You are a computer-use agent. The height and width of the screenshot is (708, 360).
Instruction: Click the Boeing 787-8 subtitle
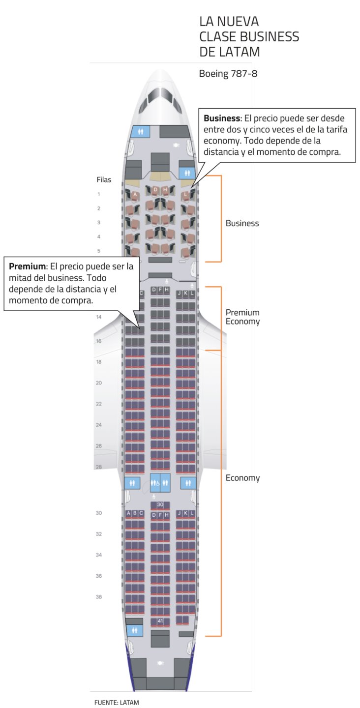[228, 74]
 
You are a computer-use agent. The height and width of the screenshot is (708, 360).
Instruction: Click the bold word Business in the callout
[222, 118]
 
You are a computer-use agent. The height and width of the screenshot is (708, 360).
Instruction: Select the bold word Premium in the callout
[27, 266]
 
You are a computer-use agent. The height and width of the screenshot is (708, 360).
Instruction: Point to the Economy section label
[242, 478]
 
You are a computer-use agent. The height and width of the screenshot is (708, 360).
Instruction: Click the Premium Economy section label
[242, 317]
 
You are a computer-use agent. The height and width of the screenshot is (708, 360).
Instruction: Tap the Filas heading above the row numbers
[104, 179]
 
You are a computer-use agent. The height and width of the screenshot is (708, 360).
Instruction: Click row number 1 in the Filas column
[99, 194]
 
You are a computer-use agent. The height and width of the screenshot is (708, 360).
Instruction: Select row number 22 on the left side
[99, 404]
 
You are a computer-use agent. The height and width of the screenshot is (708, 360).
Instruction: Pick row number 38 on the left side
[99, 597]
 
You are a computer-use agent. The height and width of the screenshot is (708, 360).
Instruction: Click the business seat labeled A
[135, 195]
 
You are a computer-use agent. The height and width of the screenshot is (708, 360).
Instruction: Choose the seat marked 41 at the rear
[160, 621]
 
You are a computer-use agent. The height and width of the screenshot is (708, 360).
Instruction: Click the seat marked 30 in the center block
[160, 505]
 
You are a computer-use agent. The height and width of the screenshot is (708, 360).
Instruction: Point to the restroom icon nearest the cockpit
[141, 131]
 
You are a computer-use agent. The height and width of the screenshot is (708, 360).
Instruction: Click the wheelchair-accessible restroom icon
[155, 483]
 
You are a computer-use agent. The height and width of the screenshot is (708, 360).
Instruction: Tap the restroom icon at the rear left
[134, 630]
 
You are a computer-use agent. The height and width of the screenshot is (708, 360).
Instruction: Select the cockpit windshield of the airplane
[160, 96]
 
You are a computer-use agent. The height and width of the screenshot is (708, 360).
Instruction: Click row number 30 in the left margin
[99, 513]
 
